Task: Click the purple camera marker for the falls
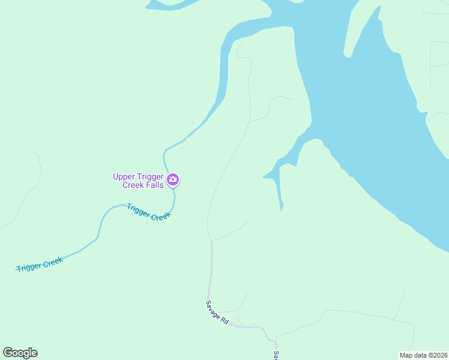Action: pyautogui.click(x=173, y=179)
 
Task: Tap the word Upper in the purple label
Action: pyautogui.click(x=123, y=176)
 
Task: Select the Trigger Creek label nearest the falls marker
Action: pyautogui.click(x=149, y=212)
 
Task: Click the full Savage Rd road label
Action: pyautogui.click(x=217, y=313)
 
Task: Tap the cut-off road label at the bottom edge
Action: pyautogui.click(x=276, y=355)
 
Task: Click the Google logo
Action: pyautogui.click(x=20, y=353)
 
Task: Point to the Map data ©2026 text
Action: pyautogui.click(x=423, y=355)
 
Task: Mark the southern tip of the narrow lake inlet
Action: pyautogui.click(x=282, y=208)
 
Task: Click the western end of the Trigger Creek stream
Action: pyautogui.click(x=17, y=269)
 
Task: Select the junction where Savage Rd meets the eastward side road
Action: pyautogui.click(x=211, y=241)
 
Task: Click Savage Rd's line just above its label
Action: pyautogui.click(x=210, y=282)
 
